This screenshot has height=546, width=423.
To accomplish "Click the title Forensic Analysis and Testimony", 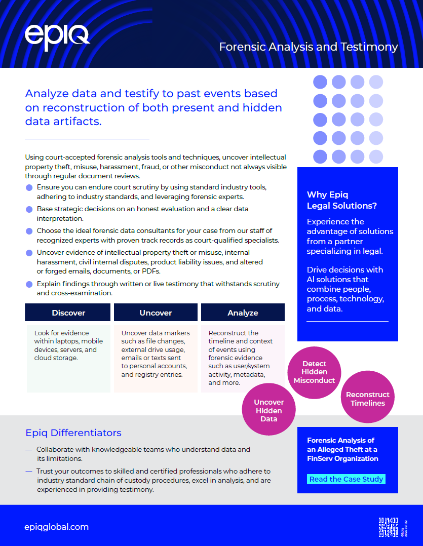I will point(309,47).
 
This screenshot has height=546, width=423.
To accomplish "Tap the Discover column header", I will point(68,313).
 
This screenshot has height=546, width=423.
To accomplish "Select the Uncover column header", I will point(156,313).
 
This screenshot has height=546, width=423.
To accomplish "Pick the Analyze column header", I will point(243,313).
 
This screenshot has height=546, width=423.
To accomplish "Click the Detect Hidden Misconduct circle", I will point(314,372).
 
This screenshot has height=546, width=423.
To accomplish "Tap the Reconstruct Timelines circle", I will point(368,399).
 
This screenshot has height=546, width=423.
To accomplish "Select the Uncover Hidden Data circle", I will point(269,410).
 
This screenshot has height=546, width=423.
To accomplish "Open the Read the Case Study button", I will point(347,479).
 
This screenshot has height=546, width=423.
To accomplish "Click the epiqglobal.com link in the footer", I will point(57,527).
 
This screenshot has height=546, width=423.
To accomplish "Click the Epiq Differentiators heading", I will point(73,433).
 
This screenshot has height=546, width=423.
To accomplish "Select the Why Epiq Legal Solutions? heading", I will point(341,200).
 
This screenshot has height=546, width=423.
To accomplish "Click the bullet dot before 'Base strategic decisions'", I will point(29,209).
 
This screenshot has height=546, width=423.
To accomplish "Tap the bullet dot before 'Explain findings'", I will point(29,285).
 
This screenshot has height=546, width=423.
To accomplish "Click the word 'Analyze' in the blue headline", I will point(47,94).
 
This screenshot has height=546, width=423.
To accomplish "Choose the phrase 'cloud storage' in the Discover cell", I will point(55,358).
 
